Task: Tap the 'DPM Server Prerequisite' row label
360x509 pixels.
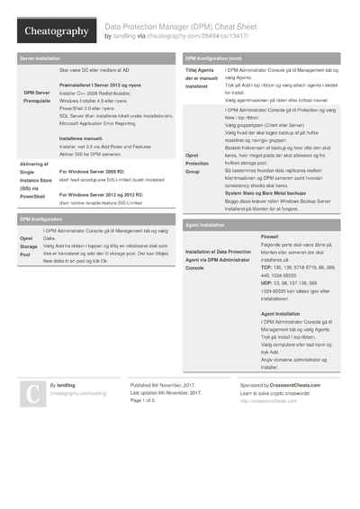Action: [37, 96]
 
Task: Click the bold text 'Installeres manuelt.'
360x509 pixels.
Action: [82, 138]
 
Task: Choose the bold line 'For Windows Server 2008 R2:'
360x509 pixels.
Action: [97, 170]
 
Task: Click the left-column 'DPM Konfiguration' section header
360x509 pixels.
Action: [40, 219]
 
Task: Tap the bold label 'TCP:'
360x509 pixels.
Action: [266, 268]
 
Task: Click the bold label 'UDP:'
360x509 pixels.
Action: [267, 282]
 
